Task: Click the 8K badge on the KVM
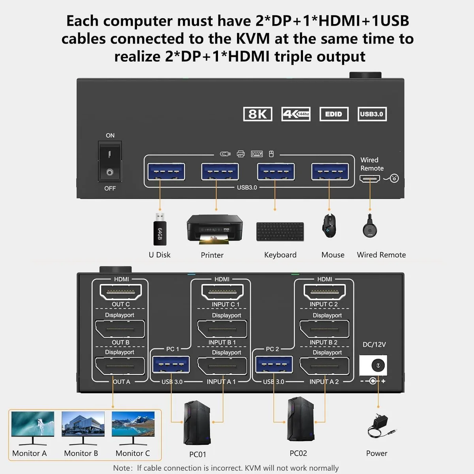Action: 258,114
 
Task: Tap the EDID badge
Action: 334,114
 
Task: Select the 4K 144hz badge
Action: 296,114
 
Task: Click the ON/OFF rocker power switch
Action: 110,162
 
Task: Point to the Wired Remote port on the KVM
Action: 370,179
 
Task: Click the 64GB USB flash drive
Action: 160,229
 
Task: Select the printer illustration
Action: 215,229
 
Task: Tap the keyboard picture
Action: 280,231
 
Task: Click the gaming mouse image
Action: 329,225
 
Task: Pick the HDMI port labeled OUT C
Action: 120,292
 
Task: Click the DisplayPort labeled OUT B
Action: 120,329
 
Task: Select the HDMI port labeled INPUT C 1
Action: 222,292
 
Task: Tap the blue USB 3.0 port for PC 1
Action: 171,364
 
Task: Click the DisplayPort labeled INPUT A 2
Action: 324,366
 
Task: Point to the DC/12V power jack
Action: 373,365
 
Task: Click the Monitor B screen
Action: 83,424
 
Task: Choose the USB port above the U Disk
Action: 166,171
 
